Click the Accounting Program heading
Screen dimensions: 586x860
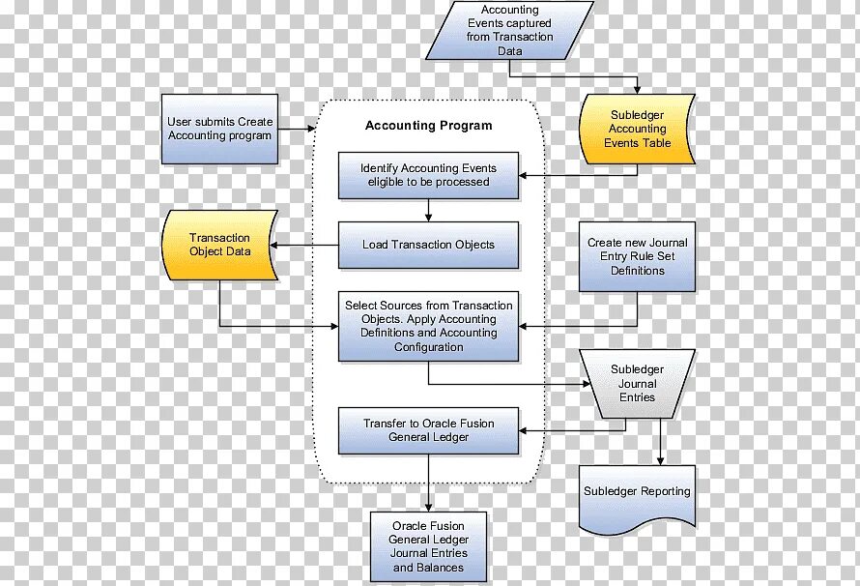click(428, 126)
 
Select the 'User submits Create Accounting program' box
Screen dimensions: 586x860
click(220, 129)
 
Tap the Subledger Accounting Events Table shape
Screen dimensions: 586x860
click(637, 129)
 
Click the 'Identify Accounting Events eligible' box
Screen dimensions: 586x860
click(428, 175)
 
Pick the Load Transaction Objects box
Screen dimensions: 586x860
click(428, 245)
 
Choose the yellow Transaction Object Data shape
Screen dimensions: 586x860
click(219, 245)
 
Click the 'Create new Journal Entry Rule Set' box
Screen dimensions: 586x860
click(637, 257)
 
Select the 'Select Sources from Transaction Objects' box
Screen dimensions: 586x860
click(428, 326)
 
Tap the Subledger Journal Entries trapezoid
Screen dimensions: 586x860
click(637, 384)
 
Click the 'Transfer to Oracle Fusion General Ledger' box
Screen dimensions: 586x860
click(428, 430)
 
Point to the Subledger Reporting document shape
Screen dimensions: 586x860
click(637, 493)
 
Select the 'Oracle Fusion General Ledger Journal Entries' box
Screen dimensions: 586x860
click(429, 546)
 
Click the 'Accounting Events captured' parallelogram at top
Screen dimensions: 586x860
click(509, 30)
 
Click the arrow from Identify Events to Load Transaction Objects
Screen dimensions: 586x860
click(428, 210)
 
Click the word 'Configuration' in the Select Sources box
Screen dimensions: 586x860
click(428, 347)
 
